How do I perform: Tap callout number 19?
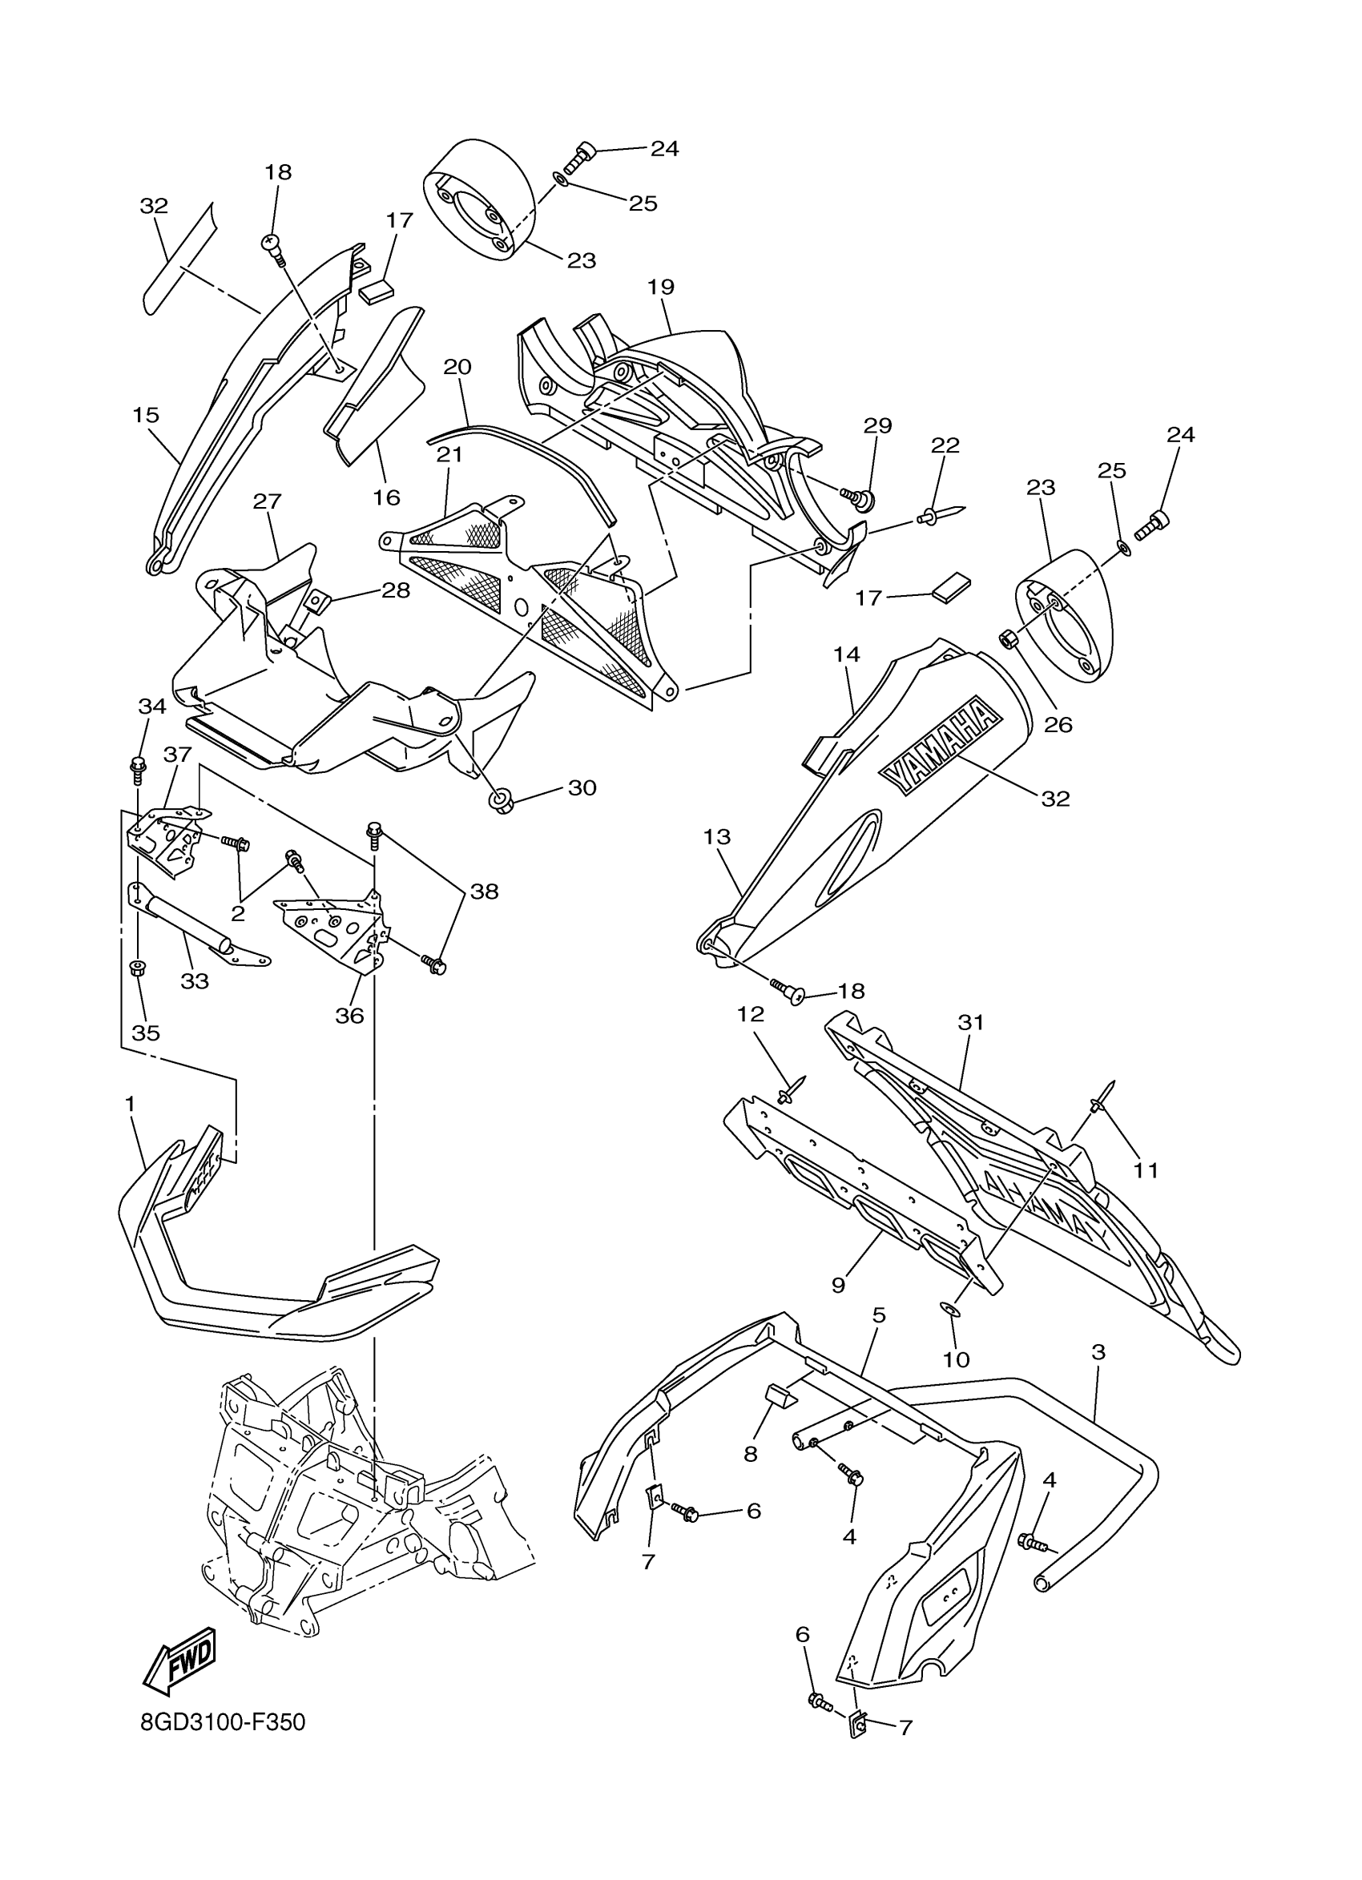(x=661, y=287)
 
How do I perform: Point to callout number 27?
(x=268, y=501)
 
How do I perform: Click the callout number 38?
(x=484, y=891)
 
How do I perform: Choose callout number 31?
(x=970, y=1023)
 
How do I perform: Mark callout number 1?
(x=129, y=1103)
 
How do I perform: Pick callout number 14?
(x=846, y=654)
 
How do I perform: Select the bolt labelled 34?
(x=139, y=768)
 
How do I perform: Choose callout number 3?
(x=1098, y=1353)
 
